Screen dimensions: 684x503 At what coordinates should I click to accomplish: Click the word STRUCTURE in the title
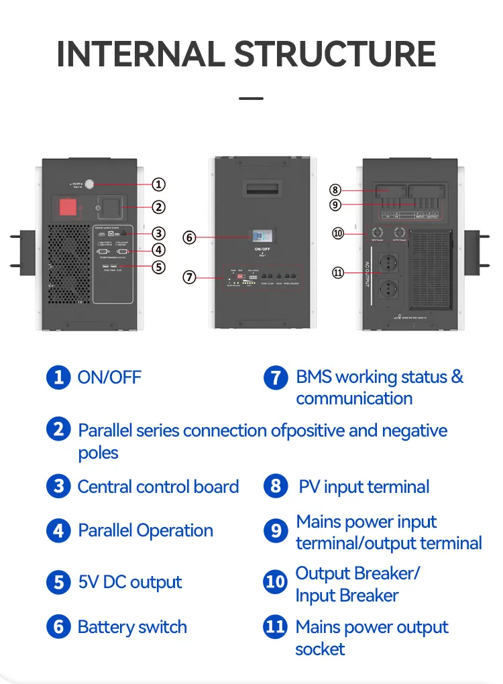(x=335, y=54)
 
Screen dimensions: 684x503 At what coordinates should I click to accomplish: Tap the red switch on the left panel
(x=70, y=207)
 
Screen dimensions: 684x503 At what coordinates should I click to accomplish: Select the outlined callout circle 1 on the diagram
(x=158, y=184)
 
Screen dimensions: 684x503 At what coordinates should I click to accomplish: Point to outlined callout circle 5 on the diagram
(x=158, y=267)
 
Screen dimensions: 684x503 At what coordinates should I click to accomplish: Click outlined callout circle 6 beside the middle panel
(x=190, y=237)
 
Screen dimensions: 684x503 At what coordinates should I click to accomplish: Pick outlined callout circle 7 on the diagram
(x=190, y=276)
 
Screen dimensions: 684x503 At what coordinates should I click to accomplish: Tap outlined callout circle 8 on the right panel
(x=336, y=190)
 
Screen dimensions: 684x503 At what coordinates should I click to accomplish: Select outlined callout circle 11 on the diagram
(x=337, y=272)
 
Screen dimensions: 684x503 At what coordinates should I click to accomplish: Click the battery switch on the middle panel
(x=262, y=236)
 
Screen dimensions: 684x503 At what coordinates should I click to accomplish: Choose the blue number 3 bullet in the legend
(x=58, y=486)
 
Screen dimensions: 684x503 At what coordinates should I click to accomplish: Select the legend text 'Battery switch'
(x=132, y=627)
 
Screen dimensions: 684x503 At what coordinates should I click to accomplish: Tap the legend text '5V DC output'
(x=130, y=582)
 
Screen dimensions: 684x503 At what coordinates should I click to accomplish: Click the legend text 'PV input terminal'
(x=364, y=487)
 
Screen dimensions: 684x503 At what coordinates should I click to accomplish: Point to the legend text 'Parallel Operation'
(x=146, y=530)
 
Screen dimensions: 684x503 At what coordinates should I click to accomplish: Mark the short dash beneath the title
(x=251, y=99)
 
